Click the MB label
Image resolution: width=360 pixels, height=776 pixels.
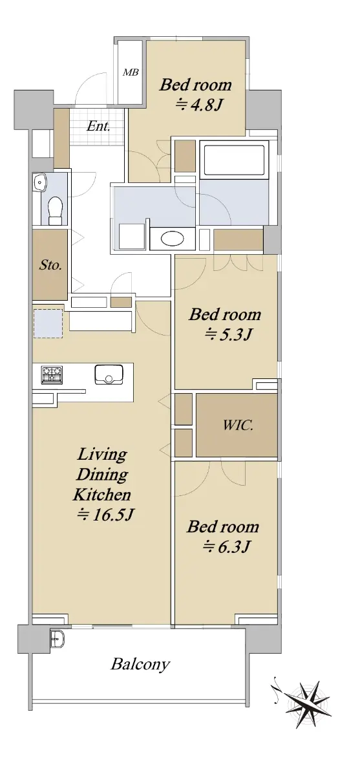[x=131, y=72]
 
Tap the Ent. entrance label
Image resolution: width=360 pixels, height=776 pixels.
[x=98, y=126]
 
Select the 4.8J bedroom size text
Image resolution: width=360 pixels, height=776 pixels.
[x=198, y=105]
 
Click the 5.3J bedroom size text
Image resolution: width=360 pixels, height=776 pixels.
[x=228, y=334]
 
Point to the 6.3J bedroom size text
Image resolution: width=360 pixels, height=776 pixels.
[x=226, y=546]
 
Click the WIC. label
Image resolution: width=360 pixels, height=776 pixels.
[x=238, y=425]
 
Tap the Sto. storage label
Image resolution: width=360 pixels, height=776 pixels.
[x=50, y=265]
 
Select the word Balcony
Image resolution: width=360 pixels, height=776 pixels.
[x=140, y=665]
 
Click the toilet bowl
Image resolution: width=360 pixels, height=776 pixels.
[x=55, y=210]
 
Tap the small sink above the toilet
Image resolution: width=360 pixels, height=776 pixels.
[x=41, y=182]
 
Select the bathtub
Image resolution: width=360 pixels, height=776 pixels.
[x=235, y=160]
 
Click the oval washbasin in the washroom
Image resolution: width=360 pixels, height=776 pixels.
[x=173, y=239]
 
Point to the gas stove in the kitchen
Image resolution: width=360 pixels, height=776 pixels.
[x=52, y=375]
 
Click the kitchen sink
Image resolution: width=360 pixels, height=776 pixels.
[x=109, y=374]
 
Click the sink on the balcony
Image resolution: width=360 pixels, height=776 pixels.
[x=57, y=638]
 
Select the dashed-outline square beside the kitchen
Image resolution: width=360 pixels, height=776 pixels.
[x=48, y=323]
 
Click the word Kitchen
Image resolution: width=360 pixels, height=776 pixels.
[x=101, y=495]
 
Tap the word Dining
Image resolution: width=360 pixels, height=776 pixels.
[x=101, y=475]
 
